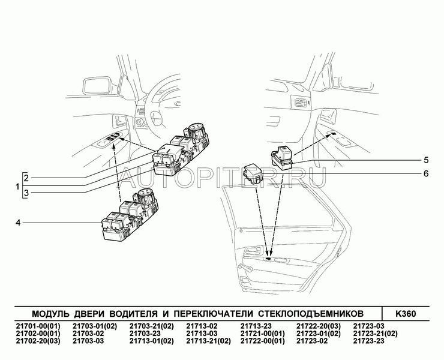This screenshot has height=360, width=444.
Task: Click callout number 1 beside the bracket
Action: point(17,187)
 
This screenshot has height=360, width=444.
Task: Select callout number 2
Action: point(26,178)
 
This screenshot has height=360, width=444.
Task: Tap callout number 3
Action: point(26,193)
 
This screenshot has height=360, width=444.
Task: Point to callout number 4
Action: point(18,223)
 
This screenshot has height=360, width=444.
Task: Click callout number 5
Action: point(426,160)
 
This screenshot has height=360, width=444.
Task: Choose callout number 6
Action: point(426,173)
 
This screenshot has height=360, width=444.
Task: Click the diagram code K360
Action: point(406,314)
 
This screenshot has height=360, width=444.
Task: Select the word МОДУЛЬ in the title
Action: point(50,314)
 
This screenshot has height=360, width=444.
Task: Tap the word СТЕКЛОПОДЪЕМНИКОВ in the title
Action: point(311,314)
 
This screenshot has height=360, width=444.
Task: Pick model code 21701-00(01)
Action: point(38,326)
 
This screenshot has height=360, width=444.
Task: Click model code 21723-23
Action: point(368,341)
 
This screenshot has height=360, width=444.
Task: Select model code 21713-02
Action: point(202,326)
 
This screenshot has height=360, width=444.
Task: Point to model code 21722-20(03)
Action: point(319,326)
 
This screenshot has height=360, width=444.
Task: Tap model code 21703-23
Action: point(145,334)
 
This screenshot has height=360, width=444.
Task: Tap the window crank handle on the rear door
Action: point(245,268)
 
